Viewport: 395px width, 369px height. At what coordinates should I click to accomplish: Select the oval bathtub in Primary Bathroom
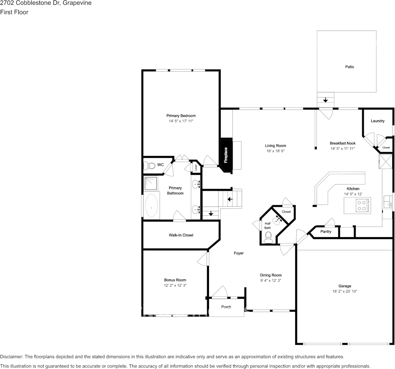152,206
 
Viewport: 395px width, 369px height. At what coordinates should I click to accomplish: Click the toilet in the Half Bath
268,237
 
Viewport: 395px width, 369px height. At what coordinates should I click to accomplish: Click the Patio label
349,67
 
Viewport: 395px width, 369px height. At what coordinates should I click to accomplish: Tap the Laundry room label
377,121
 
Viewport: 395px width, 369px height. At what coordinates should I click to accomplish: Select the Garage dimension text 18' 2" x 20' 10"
345,291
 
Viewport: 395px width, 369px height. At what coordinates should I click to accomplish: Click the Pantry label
326,232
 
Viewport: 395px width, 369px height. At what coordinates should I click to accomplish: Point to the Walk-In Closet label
181,235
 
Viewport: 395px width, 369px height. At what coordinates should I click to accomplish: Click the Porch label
226,307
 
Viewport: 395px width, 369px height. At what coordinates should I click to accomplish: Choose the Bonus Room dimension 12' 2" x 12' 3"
175,286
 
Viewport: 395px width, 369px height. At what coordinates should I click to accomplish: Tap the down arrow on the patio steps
326,100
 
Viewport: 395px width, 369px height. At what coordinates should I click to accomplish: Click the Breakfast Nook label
343,143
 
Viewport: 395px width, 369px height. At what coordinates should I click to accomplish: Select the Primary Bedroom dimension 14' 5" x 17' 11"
181,121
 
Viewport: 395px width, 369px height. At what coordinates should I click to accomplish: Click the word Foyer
239,253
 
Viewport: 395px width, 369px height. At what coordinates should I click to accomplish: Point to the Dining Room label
271,275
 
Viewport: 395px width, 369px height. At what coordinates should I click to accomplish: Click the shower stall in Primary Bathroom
151,184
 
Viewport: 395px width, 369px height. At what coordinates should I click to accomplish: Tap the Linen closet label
195,167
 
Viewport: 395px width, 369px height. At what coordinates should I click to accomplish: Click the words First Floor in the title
14,12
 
